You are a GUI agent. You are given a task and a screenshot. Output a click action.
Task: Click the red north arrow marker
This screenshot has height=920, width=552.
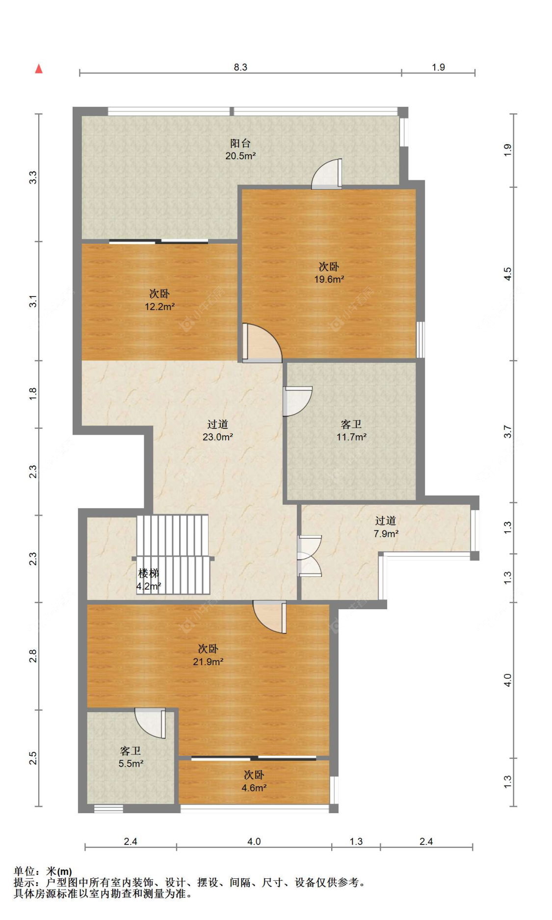(39, 69)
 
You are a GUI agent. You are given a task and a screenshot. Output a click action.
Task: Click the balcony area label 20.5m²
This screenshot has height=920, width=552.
(240, 156)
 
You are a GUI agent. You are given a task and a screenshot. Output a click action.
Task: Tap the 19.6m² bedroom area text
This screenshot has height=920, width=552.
(329, 279)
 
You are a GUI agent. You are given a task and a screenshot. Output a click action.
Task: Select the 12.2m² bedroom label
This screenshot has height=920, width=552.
(159, 306)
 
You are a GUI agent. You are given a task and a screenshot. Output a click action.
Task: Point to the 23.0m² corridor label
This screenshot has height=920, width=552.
(217, 437)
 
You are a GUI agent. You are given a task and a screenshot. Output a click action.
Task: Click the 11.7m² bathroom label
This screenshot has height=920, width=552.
(351, 437)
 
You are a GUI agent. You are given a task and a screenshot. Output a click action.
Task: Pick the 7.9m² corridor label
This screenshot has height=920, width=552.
(386, 534)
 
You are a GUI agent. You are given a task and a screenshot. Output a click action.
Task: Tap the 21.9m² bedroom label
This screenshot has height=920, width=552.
(208, 661)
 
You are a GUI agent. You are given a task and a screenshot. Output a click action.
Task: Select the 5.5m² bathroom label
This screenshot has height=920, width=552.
(131, 763)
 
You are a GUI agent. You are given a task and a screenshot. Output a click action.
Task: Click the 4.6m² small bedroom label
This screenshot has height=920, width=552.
(254, 788)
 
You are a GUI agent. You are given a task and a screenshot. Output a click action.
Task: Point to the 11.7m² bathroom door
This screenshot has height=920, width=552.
(297, 401)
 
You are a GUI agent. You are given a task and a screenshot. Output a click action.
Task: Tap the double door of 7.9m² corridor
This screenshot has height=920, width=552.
(309, 556)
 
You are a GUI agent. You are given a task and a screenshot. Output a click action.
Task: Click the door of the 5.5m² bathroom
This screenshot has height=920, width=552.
(151, 722)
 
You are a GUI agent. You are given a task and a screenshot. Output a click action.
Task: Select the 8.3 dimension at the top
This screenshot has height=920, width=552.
(240, 67)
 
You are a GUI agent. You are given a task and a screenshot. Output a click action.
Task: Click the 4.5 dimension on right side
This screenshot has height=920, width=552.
(508, 274)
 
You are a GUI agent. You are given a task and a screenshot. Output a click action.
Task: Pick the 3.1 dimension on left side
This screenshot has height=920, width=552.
(32, 301)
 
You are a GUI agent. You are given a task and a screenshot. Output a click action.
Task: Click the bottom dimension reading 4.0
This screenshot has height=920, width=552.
(254, 841)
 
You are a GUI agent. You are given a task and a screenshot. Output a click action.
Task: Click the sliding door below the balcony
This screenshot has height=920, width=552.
(158, 241)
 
